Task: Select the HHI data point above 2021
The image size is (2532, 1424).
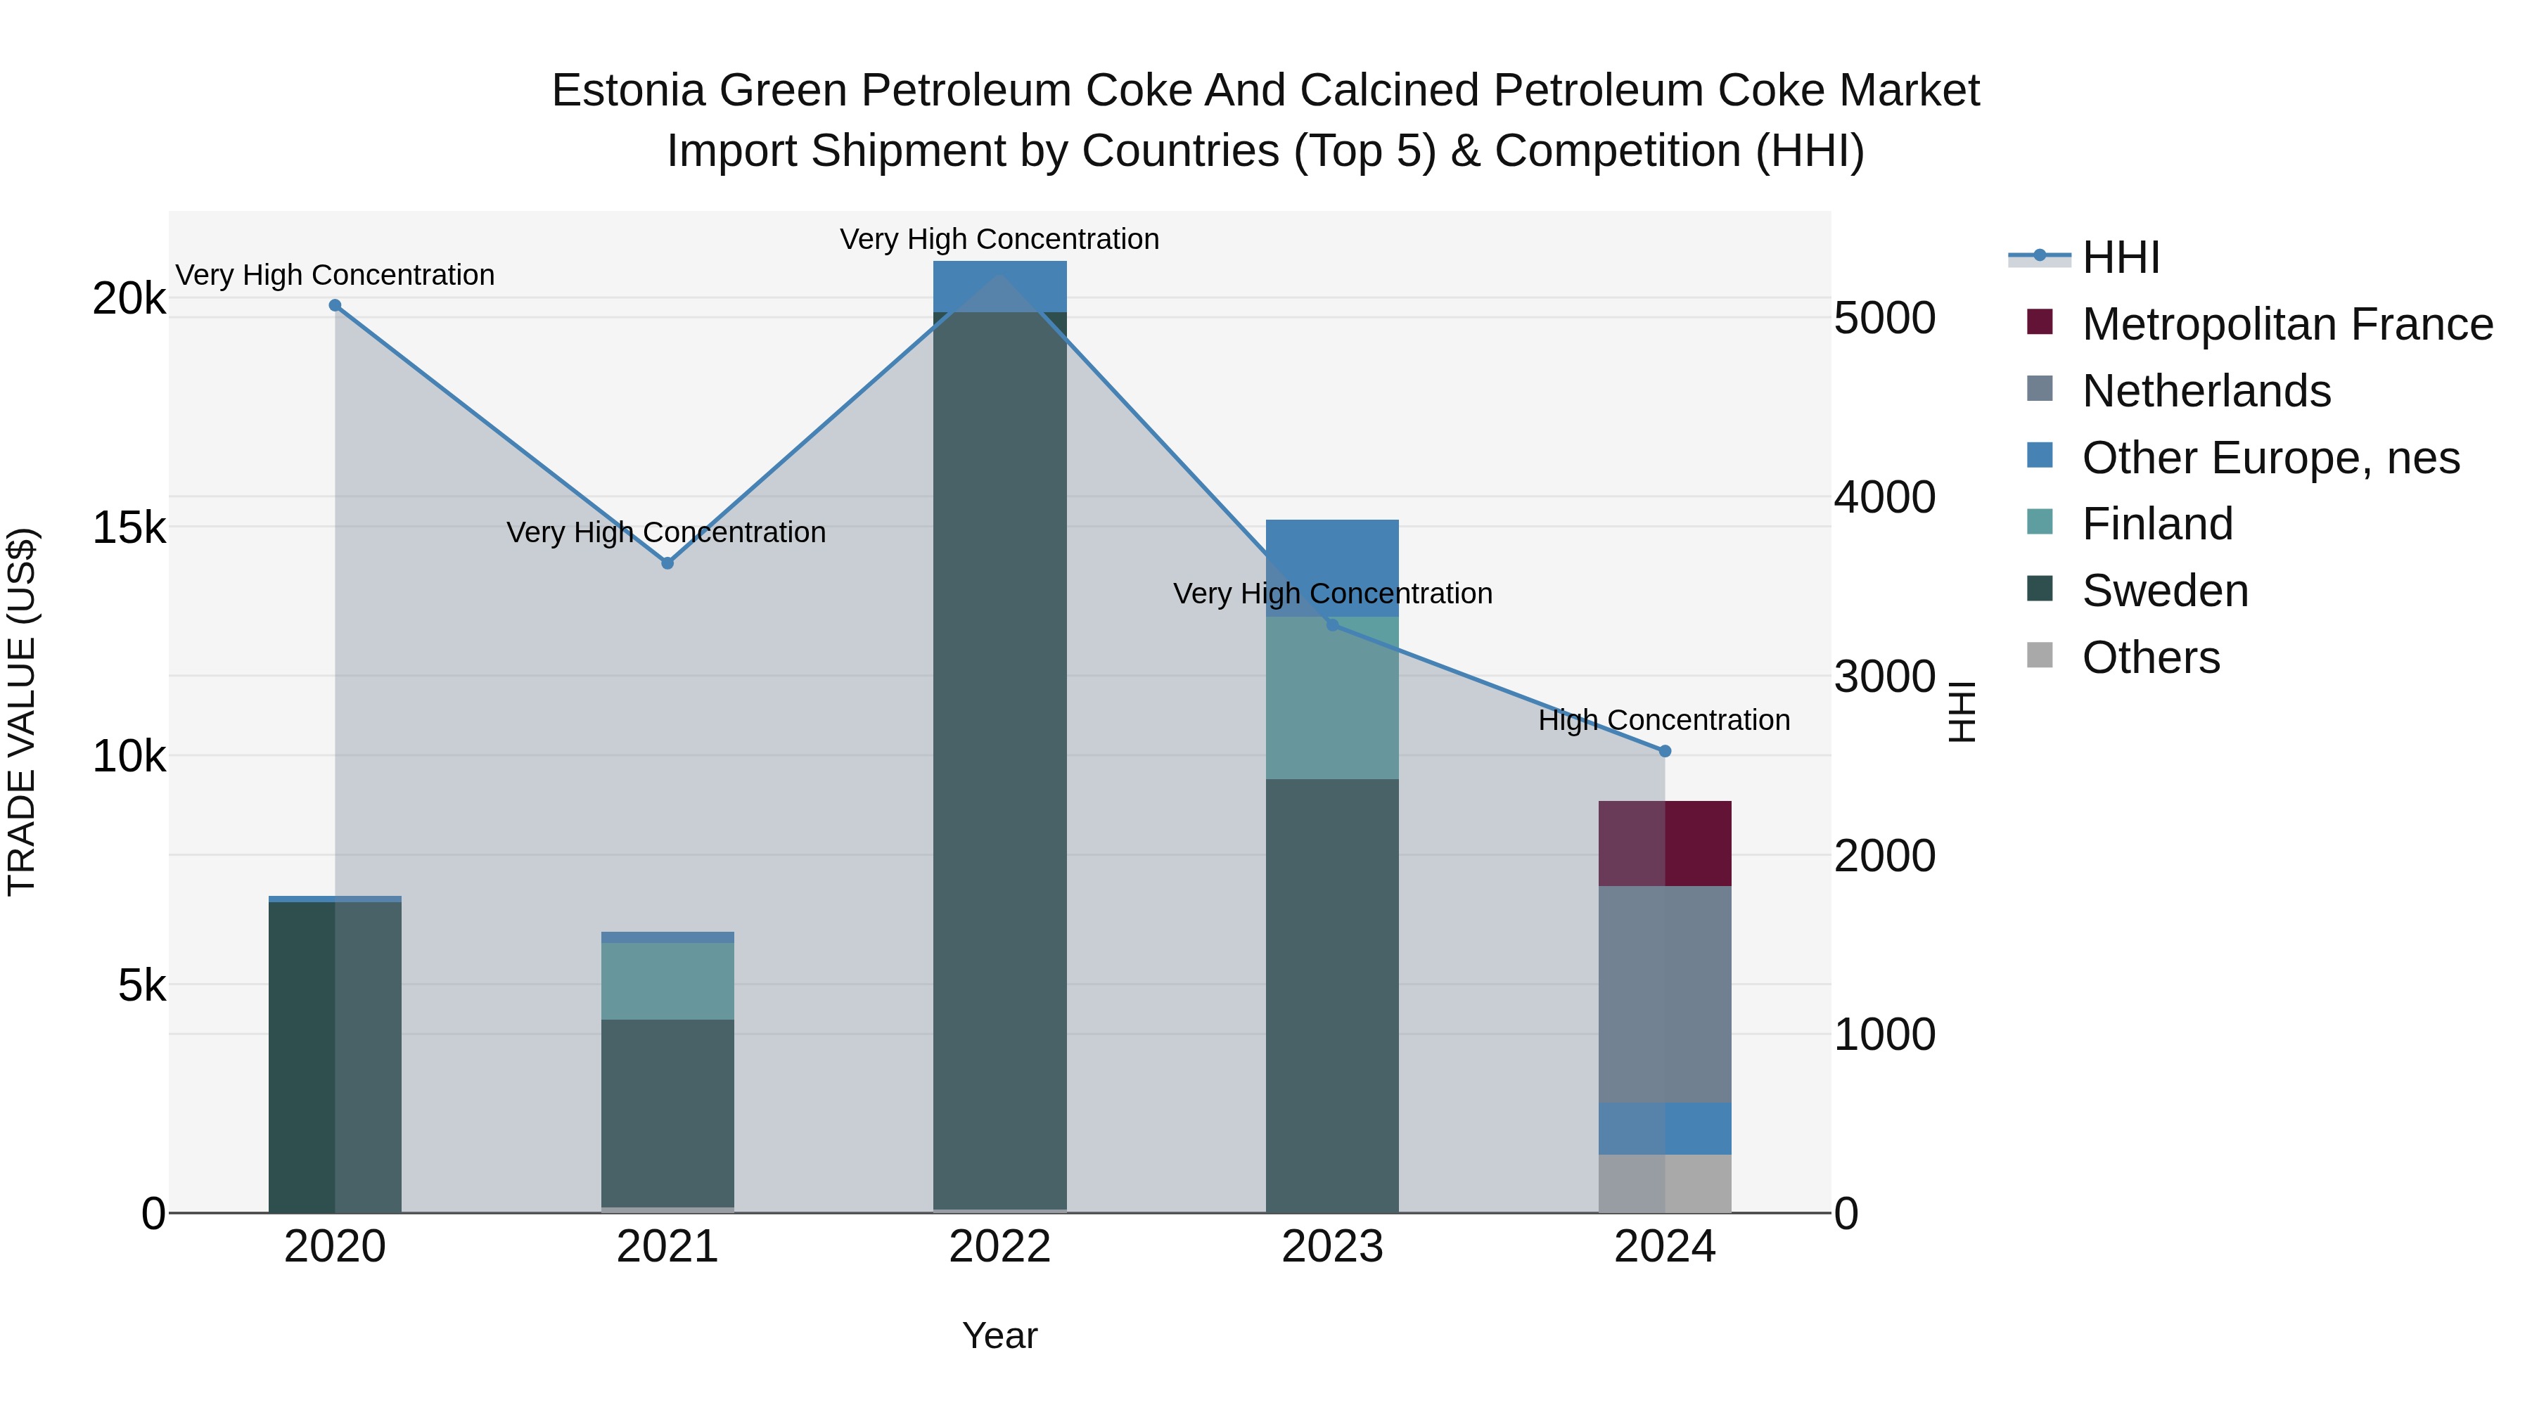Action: click(x=667, y=563)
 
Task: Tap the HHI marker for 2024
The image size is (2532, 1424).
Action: click(x=1664, y=751)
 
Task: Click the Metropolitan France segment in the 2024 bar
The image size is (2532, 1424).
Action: click(x=1664, y=843)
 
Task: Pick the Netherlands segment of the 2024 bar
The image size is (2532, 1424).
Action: click(x=1664, y=994)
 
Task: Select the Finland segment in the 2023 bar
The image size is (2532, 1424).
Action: click(x=1332, y=698)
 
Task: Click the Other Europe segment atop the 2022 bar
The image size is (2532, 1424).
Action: click(x=999, y=286)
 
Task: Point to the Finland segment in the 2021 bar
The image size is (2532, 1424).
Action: click(x=667, y=981)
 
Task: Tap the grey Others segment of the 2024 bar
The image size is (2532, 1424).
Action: click(x=1664, y=1184)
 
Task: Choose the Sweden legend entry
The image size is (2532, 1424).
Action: click(x=2164, y=591)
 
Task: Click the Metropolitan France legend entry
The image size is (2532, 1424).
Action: click(x=2287, y=324)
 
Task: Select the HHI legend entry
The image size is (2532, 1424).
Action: click(x=2120, y=257)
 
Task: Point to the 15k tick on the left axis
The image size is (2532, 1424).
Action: click(x=129, y=527)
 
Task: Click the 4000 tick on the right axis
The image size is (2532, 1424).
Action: click(x=1884, y=497)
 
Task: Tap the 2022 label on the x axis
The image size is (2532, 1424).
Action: click(x=999, y=1247)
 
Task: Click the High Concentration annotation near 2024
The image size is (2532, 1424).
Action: click(x=1663, y=720)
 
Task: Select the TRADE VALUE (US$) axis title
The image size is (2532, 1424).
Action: click(x=22, y=712)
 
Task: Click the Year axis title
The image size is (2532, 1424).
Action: click(x=999, y=1335)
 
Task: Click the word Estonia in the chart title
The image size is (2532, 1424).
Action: click(x=627, y=91)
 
